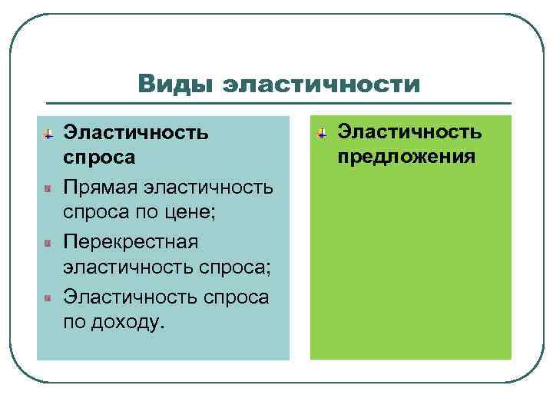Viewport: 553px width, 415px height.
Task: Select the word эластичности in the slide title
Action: point(320,84)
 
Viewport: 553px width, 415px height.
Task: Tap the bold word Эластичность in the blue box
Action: point(136,132)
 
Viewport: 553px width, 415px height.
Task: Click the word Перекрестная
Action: point(131,241)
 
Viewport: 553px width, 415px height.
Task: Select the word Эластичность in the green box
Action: point(410,131)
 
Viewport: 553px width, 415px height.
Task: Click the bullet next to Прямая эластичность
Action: point(48,187)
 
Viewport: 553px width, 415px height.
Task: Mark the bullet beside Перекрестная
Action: point(48,242)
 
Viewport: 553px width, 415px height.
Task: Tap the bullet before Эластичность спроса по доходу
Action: point(48,296)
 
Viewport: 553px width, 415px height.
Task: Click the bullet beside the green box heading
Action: point(322,132)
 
